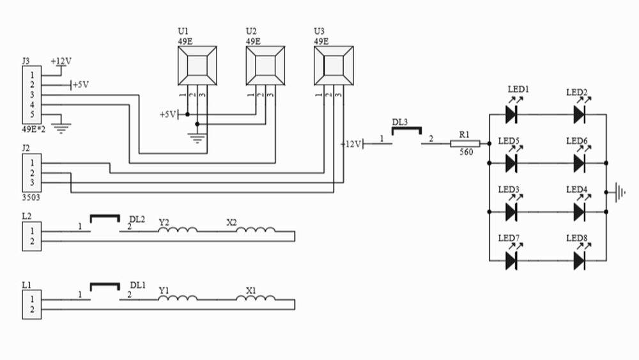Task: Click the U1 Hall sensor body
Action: tap(197, 65)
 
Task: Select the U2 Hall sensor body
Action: tap(265, 65)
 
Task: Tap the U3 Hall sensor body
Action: tap(333, 65)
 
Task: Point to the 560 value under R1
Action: tap(465, 153)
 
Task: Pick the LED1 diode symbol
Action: tap(511, 114)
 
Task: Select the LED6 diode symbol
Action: tap(580, 162)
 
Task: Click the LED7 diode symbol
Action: tap(511, 260)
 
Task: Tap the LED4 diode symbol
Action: tap(580, 211)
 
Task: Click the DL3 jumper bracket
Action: tap(406, 131)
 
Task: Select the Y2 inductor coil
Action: tap(178, 231)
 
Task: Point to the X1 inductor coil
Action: tap(256, 299)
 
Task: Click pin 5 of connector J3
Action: tap(31, 114)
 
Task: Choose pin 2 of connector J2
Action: tap(31, 173)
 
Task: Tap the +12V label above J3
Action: tap(61, 61)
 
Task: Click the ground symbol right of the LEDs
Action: tap(617, 192)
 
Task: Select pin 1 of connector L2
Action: tap(31, 231)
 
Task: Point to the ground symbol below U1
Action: tap(197, 137)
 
